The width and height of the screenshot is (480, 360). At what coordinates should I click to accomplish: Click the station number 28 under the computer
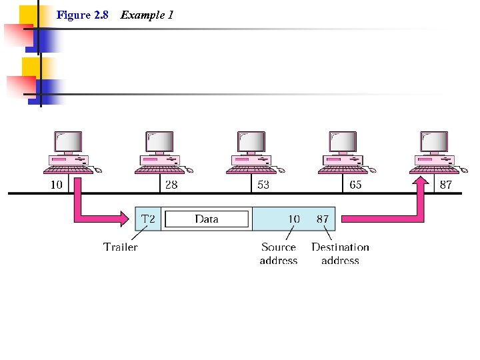(x=171, y=185)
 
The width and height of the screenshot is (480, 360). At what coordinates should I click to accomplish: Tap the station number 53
(x=263, y=185)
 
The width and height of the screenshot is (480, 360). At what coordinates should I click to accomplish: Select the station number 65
(x=355, y=185)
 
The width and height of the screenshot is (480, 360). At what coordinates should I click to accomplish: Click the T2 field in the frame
(x=149, y=219)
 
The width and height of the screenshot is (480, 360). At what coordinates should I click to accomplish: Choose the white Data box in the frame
(x=207, y=219)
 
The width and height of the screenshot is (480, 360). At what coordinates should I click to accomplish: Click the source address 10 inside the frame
(x=293, y=219)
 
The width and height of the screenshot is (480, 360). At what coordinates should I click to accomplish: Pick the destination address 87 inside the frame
(x=323, y=219)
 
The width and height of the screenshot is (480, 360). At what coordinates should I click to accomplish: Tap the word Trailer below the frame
(x=121, y=247)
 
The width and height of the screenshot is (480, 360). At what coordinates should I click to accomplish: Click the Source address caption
(x=279, y=254)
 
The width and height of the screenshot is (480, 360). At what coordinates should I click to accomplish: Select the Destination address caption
(x=340, y=254)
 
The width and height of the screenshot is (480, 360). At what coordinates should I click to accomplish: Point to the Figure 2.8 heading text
(x=83, y=15)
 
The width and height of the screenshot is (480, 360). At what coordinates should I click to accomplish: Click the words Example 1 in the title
(x=147, y=15)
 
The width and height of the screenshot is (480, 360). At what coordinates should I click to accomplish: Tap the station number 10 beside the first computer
(x=57, y=185)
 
